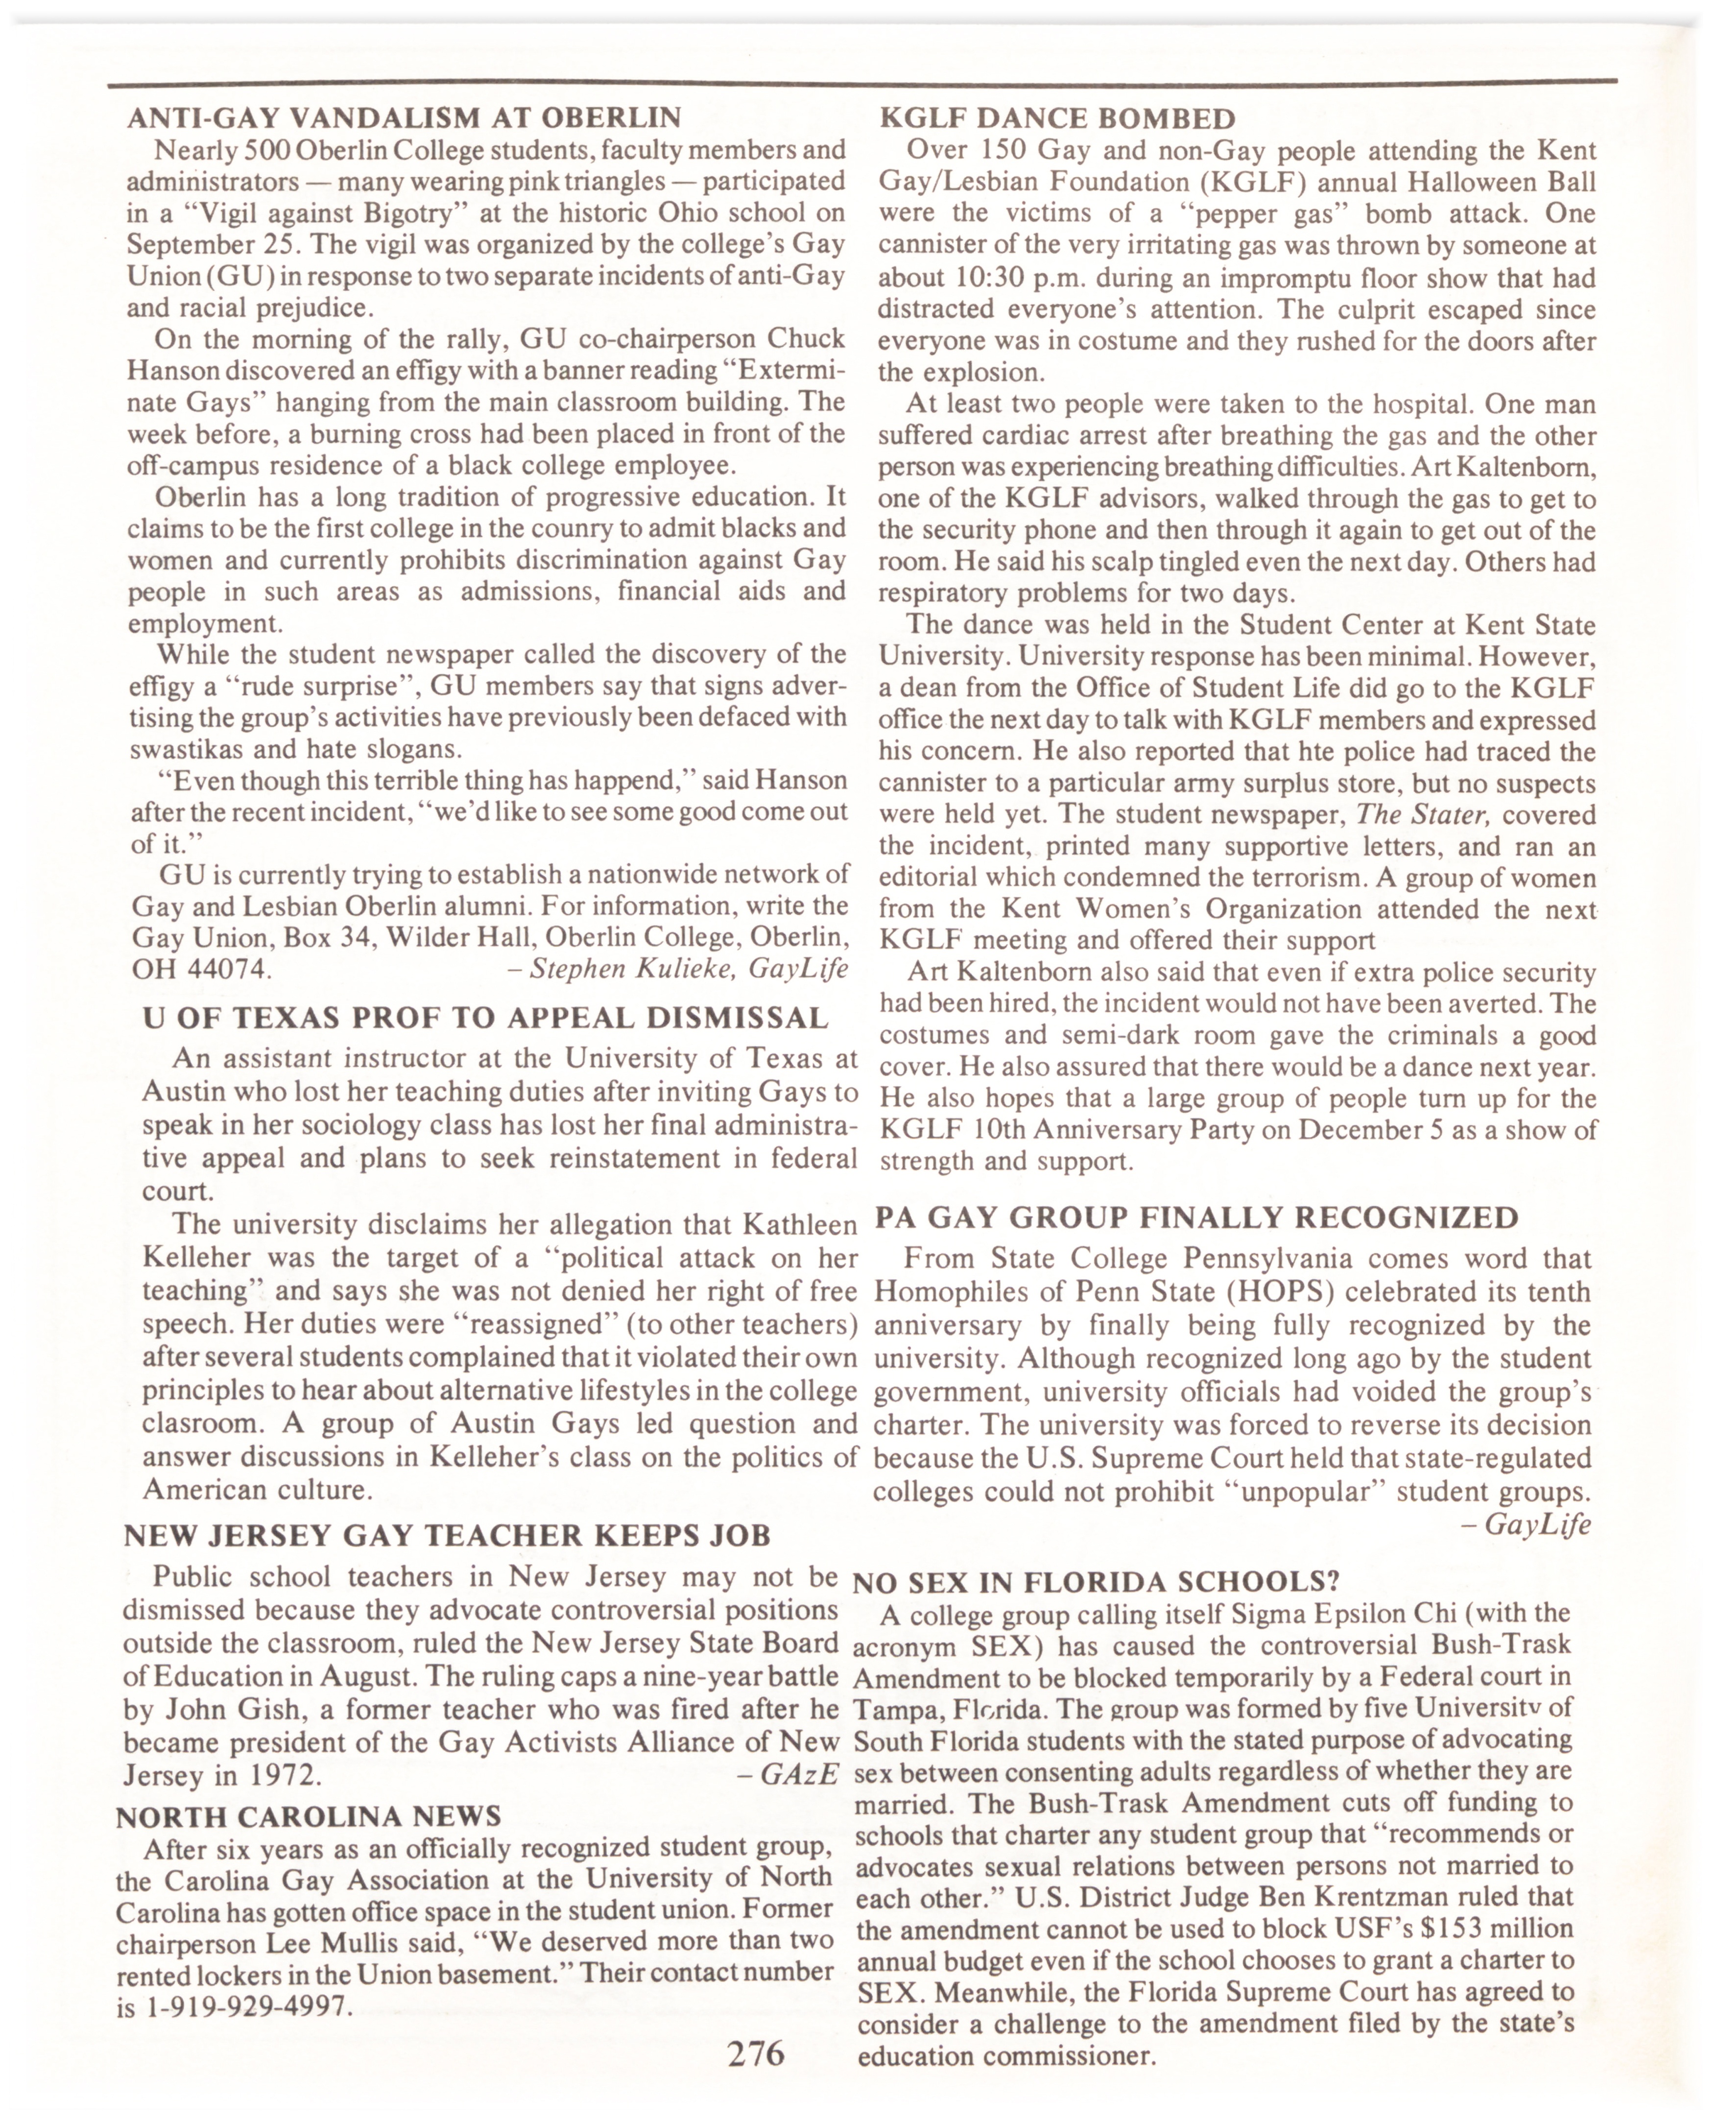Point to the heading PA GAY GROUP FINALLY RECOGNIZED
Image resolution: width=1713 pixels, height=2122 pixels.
click(x=1196, y=1217)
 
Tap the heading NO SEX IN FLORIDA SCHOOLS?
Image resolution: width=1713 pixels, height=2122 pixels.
click(x=1095, y=1582)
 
